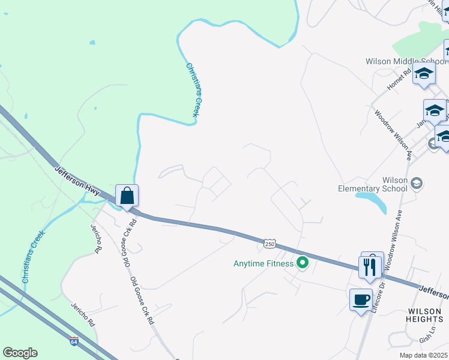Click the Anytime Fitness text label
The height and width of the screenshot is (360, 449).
tap(264, 263)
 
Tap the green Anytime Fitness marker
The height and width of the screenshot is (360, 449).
tap(303, 263)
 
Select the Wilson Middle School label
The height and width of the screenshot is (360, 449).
tap(406, 61)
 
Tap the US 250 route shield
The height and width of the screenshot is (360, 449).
tap(270, 244)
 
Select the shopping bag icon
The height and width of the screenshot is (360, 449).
tap(127, 196)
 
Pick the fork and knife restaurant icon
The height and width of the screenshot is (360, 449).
tap(370, 266)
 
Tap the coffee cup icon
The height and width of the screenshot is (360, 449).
tap(361, 299)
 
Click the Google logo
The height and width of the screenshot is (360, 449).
tap(20, 353)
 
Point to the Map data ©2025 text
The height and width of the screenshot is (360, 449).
tap(423, 355)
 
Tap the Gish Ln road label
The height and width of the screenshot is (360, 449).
tap(426, 339)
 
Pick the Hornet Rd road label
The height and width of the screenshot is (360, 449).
tap(399, 79)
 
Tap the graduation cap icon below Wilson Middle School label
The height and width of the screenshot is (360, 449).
tap(424, 74)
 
